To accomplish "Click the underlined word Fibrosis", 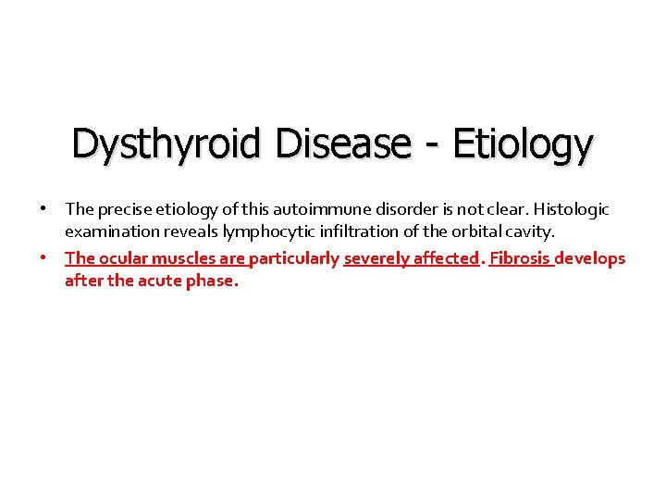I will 521,258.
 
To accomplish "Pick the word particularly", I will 294,258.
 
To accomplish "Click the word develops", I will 590,258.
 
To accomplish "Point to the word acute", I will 161,281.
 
